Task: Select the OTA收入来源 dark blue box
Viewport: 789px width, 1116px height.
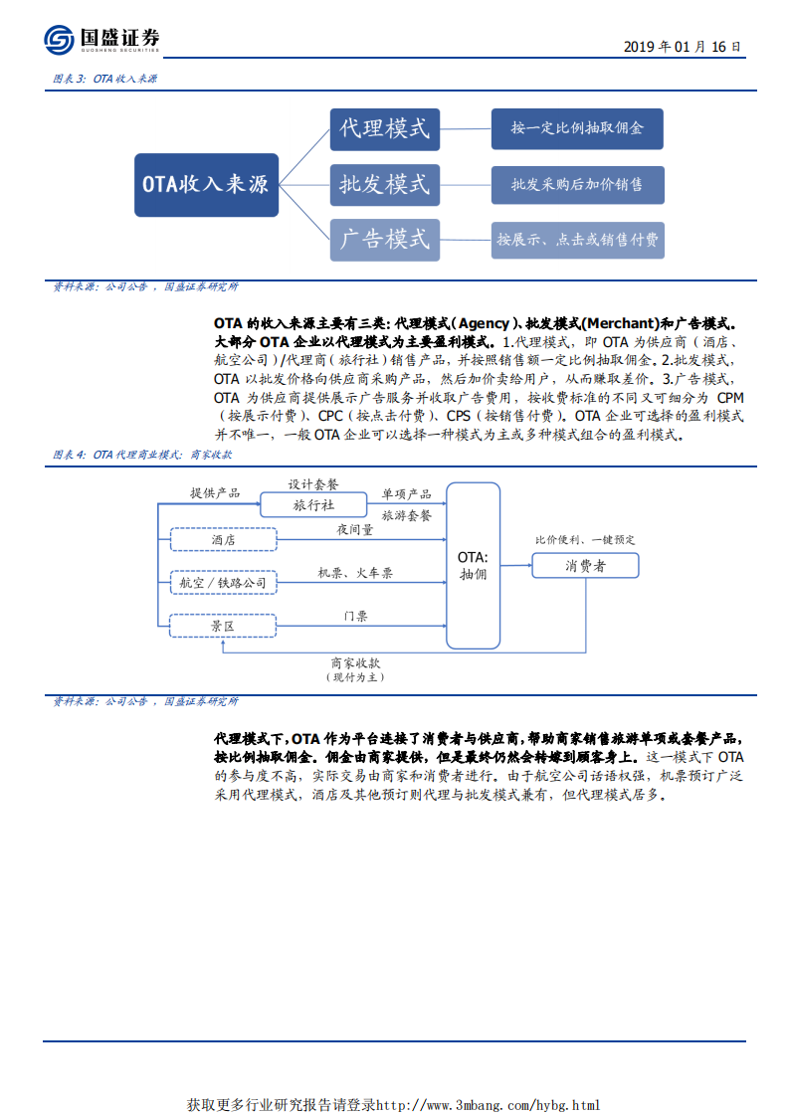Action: pos(206,184)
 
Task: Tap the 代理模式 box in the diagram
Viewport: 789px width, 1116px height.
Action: pos(384,128)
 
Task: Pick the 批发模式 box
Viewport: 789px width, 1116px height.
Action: pos(384,184)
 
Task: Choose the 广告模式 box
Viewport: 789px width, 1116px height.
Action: pos(384,239)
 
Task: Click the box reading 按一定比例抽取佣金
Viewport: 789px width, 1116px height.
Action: pos(577,128)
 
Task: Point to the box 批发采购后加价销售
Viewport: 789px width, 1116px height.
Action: pos(577,184)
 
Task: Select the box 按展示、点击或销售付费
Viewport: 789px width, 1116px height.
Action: pos(577,239)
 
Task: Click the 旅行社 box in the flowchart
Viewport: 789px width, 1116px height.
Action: pos(313,505)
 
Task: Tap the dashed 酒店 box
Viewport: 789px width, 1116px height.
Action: pos(223,539)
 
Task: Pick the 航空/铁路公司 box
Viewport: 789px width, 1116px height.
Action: pos(223,582)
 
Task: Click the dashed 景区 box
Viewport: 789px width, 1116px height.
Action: pos(223,626)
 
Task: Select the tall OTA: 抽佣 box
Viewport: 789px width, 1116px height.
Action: pos(473,565)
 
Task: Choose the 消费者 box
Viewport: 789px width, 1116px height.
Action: pos(586,565)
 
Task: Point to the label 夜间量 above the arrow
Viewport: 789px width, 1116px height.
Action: pos(355,530)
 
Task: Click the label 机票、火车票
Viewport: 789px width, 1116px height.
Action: pos(355,573)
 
